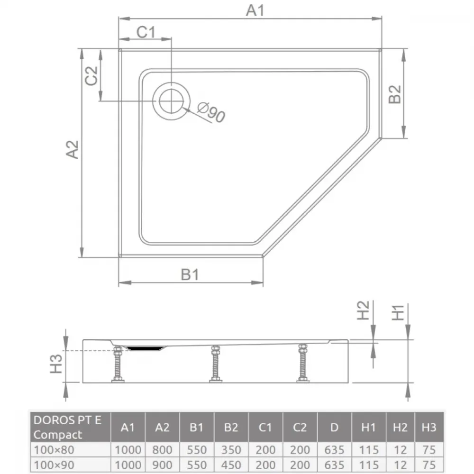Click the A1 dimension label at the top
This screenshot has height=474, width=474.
pos(255,10)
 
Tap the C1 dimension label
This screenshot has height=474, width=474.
pos(146,32)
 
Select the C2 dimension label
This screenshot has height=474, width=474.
pos(91,75)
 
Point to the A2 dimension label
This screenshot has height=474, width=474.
pos(72,149)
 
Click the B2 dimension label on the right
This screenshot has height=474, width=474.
pos(394,94)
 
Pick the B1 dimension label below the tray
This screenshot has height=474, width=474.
pos(190,275)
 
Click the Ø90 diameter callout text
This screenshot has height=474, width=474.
pos(211,112)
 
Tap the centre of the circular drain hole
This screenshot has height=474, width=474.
pos(172,101)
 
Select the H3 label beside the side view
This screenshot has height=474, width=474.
pos(56,364)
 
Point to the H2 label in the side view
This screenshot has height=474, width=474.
pos(363,310)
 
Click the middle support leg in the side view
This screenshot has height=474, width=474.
pos(216,364)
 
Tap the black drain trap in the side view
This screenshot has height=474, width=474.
pos(145,348)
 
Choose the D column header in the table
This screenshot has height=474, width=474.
pos(334,427)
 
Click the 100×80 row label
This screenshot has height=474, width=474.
pos(54,450)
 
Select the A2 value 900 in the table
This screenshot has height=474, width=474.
pos(162,465)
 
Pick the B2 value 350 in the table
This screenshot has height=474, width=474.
pos(231,450)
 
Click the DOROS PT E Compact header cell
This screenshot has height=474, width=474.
pos(71,427)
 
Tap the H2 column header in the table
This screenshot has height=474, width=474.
pos(400,427)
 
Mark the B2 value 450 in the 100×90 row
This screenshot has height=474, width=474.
pos(231,465)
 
